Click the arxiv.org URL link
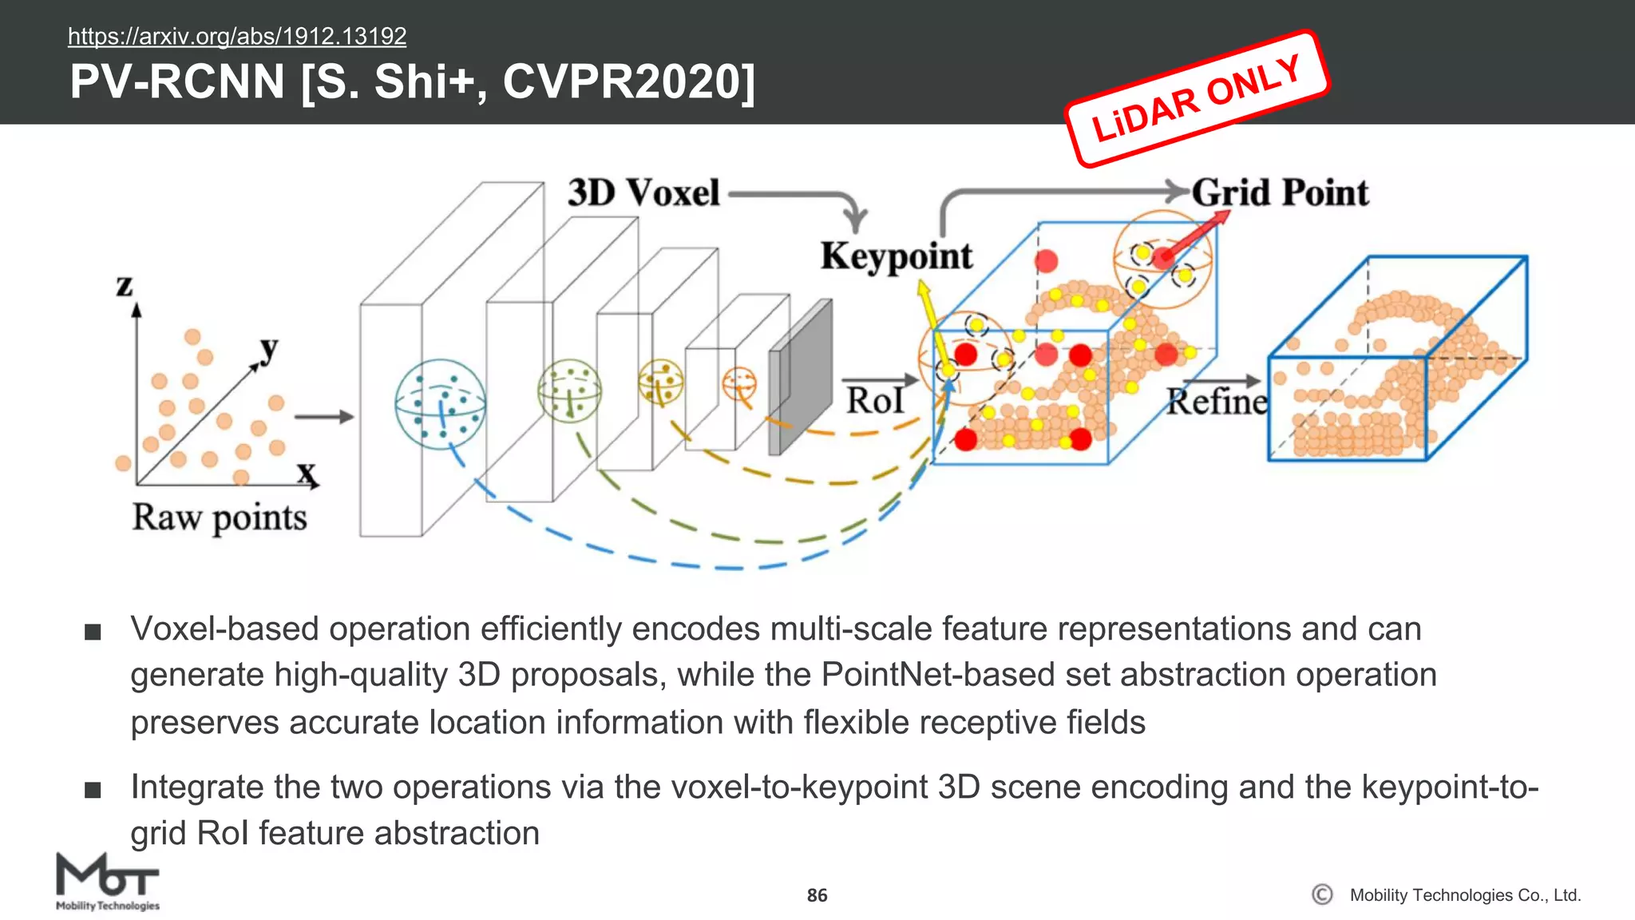click(x=237, y=36)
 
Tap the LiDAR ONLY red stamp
click(x=1197, y=99)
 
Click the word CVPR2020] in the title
click(x=628, y=82)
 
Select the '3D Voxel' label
click(x=643, y=193)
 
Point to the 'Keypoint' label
click(x=896, y=256)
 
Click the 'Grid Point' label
click(x=1280, y=193)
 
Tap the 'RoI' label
click(x=875, y=400)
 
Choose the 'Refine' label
click(x=1217, y=402)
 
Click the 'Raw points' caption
click(x=220, y=517)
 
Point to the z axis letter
click(x=125, y=284)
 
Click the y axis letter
click(x=270, y=347)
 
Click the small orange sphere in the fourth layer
click(x=738, y=383)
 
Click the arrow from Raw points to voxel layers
click(x=323, y=416)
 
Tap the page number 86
click(x=817, y=895)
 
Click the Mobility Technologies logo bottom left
click(x=107, y=882)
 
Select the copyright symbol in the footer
click(x=1322, y=894)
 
